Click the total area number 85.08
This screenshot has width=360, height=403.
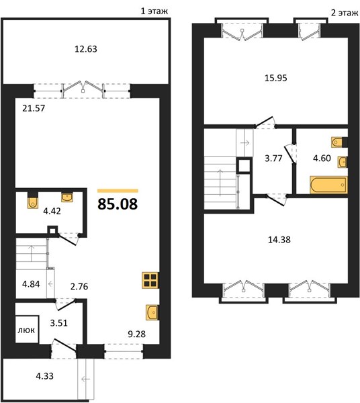coord(118,204)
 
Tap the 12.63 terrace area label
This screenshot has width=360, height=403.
coord(86,49)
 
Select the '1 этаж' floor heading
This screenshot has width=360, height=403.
coord(154,11)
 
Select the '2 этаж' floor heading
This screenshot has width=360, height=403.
coord(344,13)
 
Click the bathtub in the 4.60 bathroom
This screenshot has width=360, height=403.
coord(328,185)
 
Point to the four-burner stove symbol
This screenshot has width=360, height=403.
coord(150,280)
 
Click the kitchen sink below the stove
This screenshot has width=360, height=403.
coord(152,312)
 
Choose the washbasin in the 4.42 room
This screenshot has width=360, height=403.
coord(67,197)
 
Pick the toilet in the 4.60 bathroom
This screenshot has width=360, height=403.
coord(338,142)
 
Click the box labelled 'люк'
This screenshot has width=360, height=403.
coord(27,329)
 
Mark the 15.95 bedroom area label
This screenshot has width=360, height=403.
coord(276,78)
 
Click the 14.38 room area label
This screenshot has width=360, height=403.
coord(279,240)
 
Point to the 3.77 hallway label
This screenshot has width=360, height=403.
coord(273,158)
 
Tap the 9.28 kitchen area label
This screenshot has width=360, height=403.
coord(137,334)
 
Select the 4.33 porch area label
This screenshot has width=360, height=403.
coord(45,376)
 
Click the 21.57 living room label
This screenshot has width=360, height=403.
coord(34,108)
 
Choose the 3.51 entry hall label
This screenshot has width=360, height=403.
coord(59,322)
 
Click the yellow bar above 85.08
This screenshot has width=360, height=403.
coord(118,191)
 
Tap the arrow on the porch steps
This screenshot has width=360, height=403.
coord(85,379)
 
